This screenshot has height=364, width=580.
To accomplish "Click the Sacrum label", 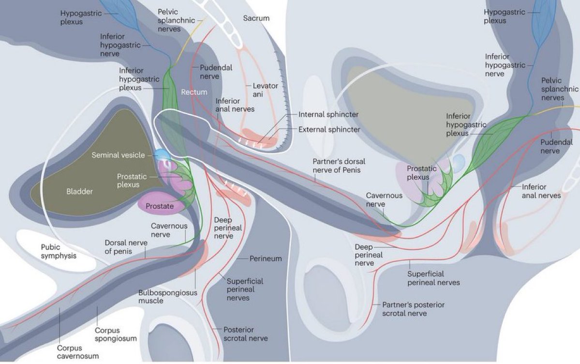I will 256,18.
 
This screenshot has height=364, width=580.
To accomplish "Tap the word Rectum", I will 194,92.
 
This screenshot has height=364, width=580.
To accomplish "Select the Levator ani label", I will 266,90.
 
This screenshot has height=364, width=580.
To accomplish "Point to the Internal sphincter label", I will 328,115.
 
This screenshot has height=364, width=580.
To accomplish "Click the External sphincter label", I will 329,130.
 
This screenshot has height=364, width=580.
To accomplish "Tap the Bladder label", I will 79,192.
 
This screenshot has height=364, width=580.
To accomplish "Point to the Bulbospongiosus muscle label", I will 158,297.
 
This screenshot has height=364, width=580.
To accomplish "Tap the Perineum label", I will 266,259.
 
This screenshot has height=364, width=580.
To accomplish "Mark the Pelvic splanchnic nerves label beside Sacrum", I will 169,20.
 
